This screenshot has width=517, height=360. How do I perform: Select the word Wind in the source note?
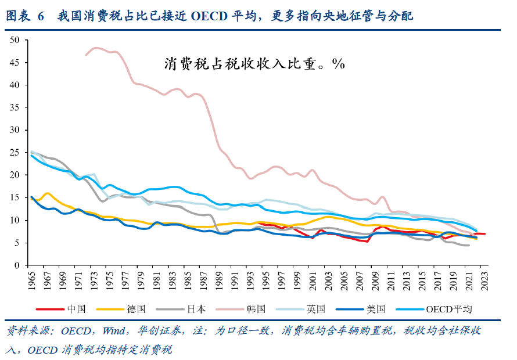pos(113,331)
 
